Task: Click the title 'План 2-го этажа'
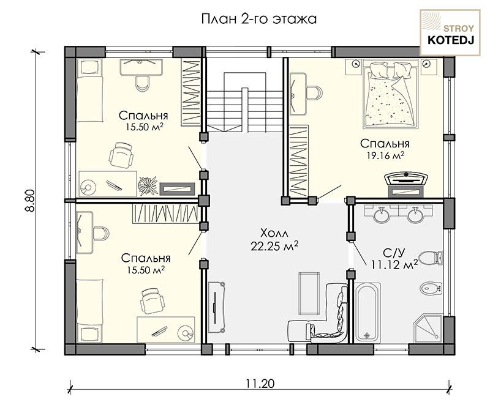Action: pyautogui.click(x=258, y=19)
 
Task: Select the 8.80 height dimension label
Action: pyautogui.click(x=30, y=201)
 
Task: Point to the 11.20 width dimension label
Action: pyautogui.click(x=260, y=383)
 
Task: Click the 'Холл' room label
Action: pyautogui.click(x=274, y=233)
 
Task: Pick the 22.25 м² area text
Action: pyautogui.click(x=274, y=246)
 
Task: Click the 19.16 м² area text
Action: pyautogui.click(x=385, y=155)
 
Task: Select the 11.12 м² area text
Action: pyautogui.click(x=394, y=265)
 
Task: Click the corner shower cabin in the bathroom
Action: pyautogui.click(x=428, y=329)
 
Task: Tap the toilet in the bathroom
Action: pyautogui.click(x=431, y=258)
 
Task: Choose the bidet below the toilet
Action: pyautogui.click(x=431, y=288)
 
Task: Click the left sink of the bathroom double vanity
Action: pyautogui.click(x=381, y=214)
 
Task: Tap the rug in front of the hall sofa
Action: pyautogui.click(x=309, y=294)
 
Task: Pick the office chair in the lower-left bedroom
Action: pyautogui.click(x=152, y=300)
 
